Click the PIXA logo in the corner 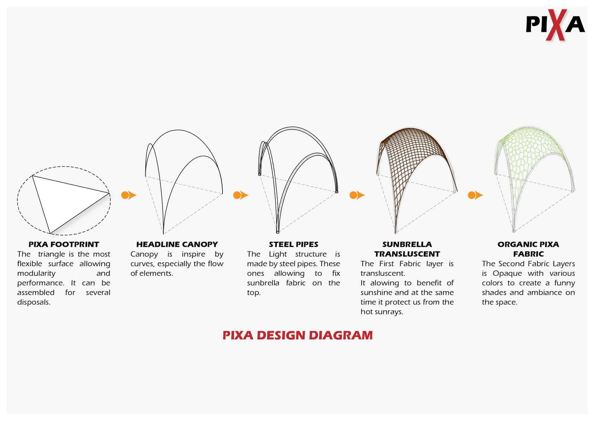pos(555,25)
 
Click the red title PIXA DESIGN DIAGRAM pos(297,335)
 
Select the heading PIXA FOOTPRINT pos(64,244)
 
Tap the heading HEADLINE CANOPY pos(177,244)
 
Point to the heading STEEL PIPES pos(293,244)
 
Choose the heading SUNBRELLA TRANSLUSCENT pos(407,249)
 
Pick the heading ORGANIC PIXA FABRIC pos(528,249)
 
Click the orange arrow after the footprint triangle pos(129,195)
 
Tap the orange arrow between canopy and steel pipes pos(240,195)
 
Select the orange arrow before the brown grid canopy pos(357,195)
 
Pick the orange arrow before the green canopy pos(475,195)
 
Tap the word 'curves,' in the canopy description pos(142,264)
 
